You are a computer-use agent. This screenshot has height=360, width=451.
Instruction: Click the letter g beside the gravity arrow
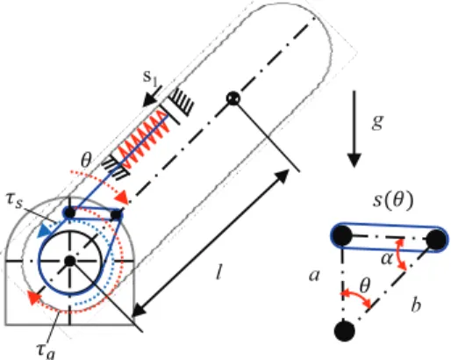pyautogui.click(x=377, y=122)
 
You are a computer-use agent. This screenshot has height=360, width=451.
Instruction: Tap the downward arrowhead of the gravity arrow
pyautogui.click(x=354, y=160)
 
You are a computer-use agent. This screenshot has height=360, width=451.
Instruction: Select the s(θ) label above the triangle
pyautogui.click(x=393, y=201)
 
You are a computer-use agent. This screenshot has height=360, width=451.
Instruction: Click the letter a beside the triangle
pyautogui.click(x=314, y=276)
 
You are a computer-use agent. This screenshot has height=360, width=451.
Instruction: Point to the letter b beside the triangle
pyautogui.click(x=416, y=305)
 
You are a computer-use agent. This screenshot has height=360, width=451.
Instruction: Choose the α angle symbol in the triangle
pyautogui.click(x=387, y=259)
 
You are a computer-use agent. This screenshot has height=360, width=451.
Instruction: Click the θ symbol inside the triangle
pyautogui.click(x=364, y=285)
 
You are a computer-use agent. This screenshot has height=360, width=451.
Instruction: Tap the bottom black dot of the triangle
pyautogui.click(x=344, y=331)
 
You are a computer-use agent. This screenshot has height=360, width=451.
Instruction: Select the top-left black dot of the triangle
pyautogui.click(x=341, y=236)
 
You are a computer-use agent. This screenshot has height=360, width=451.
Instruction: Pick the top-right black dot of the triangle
pyautogui.click(x=437, y=240)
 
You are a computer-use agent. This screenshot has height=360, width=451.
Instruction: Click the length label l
pyautogui.click(x=218, y=273)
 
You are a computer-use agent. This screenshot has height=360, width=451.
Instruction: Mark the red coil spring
pyautogui.click(x=143, y=140)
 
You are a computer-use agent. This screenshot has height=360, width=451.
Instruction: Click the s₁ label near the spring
pyautogui.click(x=151, y=77)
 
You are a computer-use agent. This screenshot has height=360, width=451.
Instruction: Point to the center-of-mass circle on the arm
pyautogui.click(x=233, y=98)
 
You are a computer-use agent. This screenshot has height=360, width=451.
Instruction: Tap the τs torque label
pyautogui.click(x=14, y=201)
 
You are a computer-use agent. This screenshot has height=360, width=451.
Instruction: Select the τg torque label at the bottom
pyautogui.click(x=46, y=350)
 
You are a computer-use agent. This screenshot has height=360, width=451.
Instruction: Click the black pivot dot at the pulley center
pyautogui.click(x=69, y=261)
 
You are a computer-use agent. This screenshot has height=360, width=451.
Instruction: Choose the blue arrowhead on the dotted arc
pyautogui.click(x=44, y=230)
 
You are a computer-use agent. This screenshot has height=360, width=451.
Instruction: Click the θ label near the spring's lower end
pyautogui.click(x=86, y=161)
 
